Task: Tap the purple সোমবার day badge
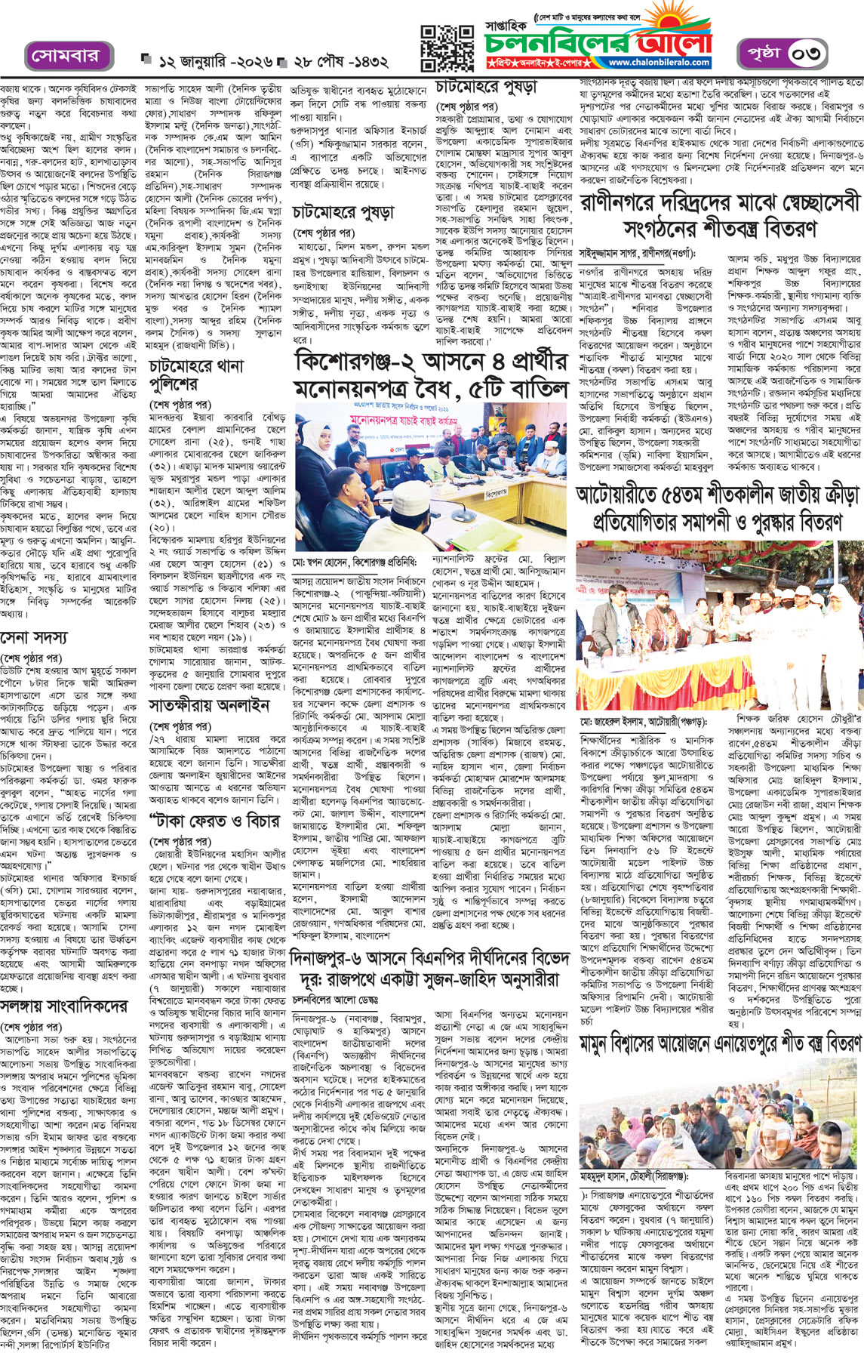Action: [x=65, y=57]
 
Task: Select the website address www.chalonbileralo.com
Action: [x=659, y=63]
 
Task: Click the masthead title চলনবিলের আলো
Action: [x=596, y=42]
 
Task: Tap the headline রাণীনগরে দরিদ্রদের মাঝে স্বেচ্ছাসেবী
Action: [x=721, y=214]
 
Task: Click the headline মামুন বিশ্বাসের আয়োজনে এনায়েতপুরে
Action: [x=720, y=1043]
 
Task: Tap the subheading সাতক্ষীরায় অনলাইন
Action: [x=209, y=707]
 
